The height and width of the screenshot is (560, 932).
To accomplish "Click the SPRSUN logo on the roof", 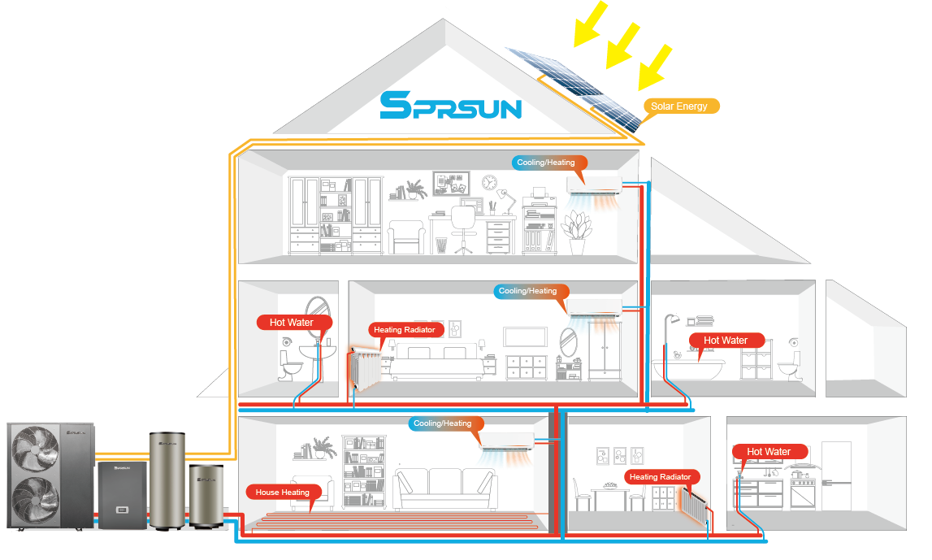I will (x=450, y=105).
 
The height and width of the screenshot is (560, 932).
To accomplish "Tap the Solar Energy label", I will (x=678, y=106).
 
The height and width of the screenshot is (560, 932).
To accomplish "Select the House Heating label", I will (x=282, y=493).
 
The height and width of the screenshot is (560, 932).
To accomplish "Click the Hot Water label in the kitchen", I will (x=768, y=452).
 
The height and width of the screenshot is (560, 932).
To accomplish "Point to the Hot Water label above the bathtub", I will (x=725, y=341).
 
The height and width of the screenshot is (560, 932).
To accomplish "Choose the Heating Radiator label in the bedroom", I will (x=404, y=330).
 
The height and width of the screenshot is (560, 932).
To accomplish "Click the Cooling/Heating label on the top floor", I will (x=545, y=163).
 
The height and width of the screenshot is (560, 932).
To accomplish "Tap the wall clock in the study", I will (x=489, y=182).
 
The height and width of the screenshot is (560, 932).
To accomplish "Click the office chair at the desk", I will (x=463, y=228).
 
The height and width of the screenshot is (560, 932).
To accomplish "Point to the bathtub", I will (x=690, y=371).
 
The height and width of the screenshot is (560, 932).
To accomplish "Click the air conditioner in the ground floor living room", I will (x=507, y=443).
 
